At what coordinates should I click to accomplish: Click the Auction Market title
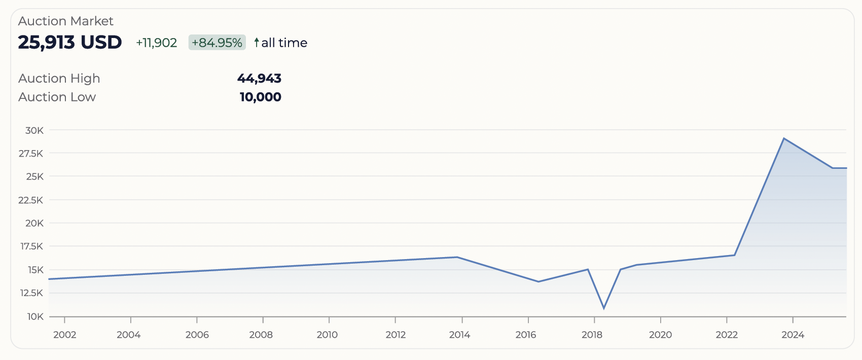(x=65, y=21)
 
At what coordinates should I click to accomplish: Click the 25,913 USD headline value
(x=70, y=43)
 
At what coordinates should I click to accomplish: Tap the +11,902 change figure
(x=157, y=43)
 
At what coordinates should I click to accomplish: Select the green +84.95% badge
(x=217, y=43)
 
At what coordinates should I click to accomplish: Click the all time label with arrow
(x=281, y=43)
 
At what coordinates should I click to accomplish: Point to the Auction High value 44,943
(x=259, y=79)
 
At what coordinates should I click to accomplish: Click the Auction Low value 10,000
(x=260, y=97)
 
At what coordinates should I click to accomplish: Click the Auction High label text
(x=59, y=79)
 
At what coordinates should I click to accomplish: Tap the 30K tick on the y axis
(x=34, y=130)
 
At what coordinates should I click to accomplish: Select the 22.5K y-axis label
(x=31, y=200)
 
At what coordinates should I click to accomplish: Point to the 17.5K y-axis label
(x=31, y=246)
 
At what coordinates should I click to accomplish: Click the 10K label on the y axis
(x=35, y=316)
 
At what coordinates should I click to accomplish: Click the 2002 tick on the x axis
(x=65, y=335)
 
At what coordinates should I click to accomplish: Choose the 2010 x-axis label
(x=327, y=335)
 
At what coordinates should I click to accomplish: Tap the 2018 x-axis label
(x=592, y=335)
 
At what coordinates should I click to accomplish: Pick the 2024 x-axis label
(x=793, y=335)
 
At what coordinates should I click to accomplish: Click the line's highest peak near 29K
(x=784, y=138)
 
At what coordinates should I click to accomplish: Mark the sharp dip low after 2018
(x=604, y=308)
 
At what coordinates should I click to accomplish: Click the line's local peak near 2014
(x=457, y=257)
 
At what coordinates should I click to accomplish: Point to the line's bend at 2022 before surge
(x=734, y=255)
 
